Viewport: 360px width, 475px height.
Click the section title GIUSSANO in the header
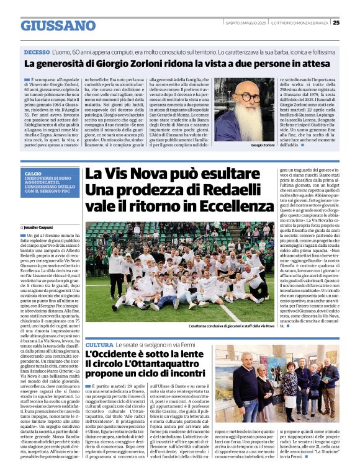[58, 25]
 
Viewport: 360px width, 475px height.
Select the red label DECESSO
[37, 53]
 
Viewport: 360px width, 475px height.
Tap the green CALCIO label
[34, 174]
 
